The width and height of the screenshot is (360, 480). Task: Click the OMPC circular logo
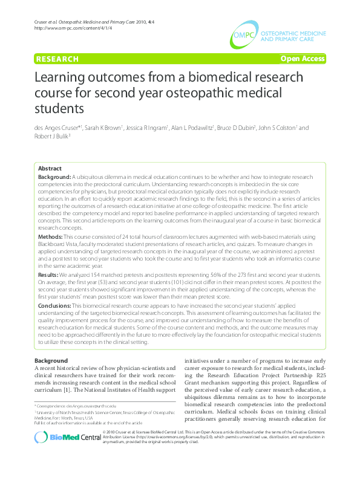(x=243, y=36)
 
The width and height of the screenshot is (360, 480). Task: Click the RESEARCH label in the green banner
(x=57, y=59)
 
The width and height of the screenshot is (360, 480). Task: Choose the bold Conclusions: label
(x=54, y=306)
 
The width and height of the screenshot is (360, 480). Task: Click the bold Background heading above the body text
(x=51, y=361)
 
